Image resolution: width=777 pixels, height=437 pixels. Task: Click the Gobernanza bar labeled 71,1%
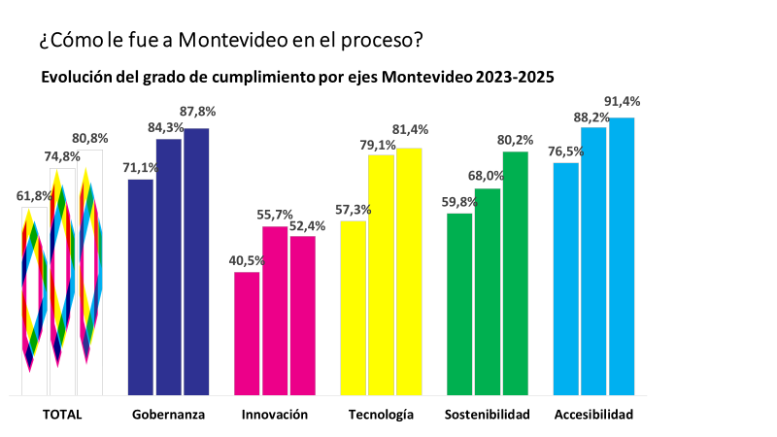coord(141,287)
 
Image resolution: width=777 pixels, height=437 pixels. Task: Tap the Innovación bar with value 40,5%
coord(247,333)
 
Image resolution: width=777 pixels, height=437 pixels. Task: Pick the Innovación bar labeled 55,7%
coord(275,311)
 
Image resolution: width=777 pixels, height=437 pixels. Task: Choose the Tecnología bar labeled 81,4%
coord(409,272)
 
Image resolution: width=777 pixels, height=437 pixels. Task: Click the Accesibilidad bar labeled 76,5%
coord(566,279)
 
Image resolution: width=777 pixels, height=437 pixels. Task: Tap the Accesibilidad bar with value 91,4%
coord(622,256)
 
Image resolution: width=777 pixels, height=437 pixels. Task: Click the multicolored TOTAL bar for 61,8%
coord(34,301)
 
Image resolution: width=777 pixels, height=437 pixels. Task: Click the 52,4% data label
coord(307,225)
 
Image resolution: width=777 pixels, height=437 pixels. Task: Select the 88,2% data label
coord(591,117)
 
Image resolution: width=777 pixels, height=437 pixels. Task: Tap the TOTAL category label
coord(62,415)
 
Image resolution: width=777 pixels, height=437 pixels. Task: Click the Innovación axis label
coord(275,415)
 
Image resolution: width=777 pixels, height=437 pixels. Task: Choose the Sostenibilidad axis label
coord(487,415)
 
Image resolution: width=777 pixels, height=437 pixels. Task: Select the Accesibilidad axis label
coord(593,415)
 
